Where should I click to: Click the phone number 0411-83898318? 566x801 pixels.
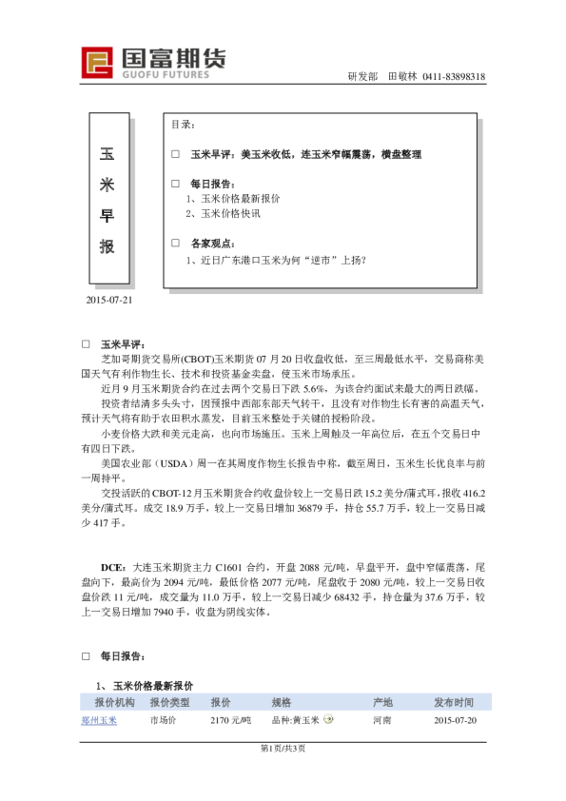[454, 77]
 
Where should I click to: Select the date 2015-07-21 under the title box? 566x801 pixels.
[109, 301]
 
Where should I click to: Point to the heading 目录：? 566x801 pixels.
[184, 125]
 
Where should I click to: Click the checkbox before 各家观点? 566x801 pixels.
[175, 243]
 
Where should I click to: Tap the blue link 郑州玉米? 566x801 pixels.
[99, 720]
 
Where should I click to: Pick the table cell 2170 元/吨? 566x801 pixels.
[231, 721]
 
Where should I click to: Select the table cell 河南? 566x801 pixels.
[382, 721]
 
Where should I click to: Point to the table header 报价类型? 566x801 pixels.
[169, 702]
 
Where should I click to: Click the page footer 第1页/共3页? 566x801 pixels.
[283, 748]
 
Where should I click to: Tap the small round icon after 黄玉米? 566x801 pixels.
[328, 720]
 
